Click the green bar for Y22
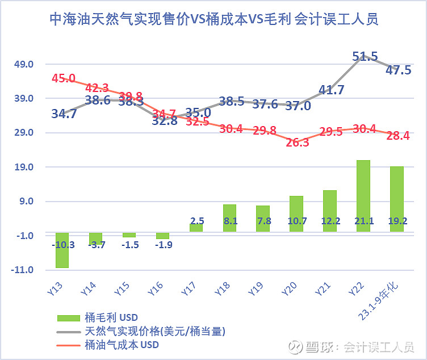tap(363, 195)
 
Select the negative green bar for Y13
tap(62, 250)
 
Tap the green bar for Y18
tap(229, 217)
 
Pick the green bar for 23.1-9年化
tap(396, 199)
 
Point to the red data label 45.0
tap(64, 78)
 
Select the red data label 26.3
tap(297, 143)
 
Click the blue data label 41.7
tap(331, 90)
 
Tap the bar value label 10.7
tap(296, 221)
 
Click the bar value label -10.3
tap(62, 245)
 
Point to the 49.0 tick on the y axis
tap(23, 64)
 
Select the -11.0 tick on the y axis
tap(22, 270)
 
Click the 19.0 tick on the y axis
tap(23, 167)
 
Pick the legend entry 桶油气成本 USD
tap(122, 345)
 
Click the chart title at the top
tap(213, 19)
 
